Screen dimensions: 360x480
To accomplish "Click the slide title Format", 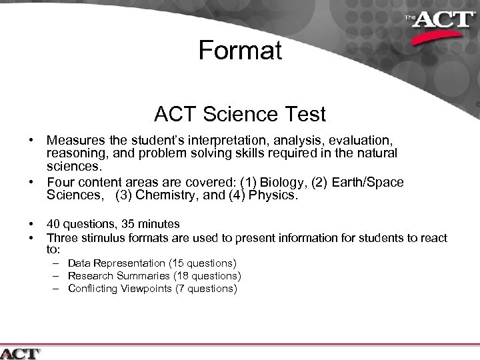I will point(240,51).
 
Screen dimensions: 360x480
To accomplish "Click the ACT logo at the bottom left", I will point(21,353).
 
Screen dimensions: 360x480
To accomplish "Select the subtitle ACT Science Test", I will point(240,115).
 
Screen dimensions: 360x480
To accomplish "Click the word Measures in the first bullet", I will point(75,141).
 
